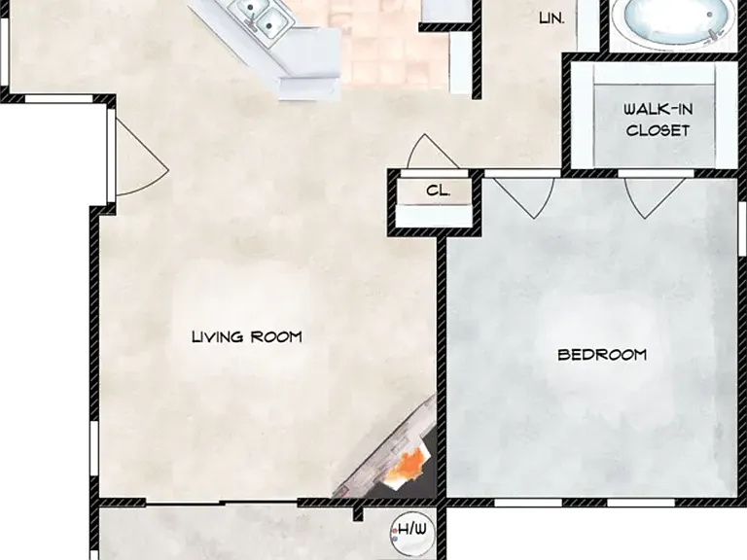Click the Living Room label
[x=247, y=336]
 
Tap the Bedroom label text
[x=602, y=355]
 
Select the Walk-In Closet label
[x=658, y=120]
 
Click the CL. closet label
[x=438, y=191]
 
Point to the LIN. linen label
[x=551, y=18]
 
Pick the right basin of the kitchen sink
[x=269, y=23]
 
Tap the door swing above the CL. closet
[x=432, y=152]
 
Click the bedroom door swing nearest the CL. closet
[x=523, y=198]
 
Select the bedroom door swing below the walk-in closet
[x=656, y=198]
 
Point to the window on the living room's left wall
[x=94, y=450]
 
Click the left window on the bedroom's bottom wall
[x=527, y=503]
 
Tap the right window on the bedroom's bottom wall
[x=641, y=503]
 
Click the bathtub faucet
[x=713, y=34]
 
